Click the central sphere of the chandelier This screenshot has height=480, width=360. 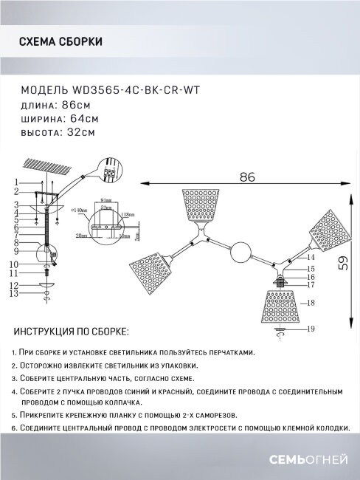click(x=241, y=255)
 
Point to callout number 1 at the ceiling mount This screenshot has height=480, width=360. click(x=15, y=181)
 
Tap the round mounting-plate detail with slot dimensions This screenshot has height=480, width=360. click(x=104, y=219)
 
